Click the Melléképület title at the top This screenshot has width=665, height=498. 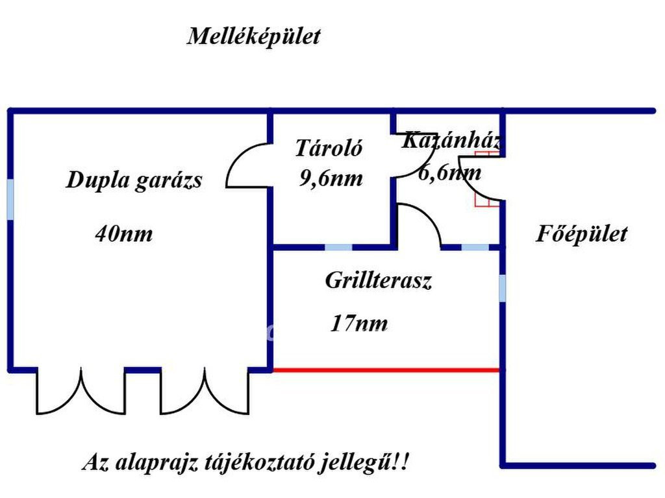pyautogui.click(x=253, y=36)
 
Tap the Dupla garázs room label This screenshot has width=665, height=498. pyautogui.click(x=134, y=180)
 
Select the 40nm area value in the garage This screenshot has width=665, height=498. pyautogui.click(x=123, y=233)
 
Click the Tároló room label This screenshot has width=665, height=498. pyautogui.click(x=329, y=148)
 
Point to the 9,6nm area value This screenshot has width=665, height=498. pyautogui.click(x=331, y=178)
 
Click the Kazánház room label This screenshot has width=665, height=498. pyautogui.click(x=451, y=140)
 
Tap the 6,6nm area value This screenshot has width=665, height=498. pyautogui.click(x=449, y=172)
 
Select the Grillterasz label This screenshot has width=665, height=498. pyautogui.click(x=379, y=281)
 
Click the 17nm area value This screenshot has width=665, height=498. pyautogui.click(x=359, y=323)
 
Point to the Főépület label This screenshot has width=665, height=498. pyautogui.click(x=581, y=233)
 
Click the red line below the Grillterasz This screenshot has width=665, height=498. pyautogui.click(x=386, y=370)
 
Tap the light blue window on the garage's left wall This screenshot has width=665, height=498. pyautogui.click(x=10, y=200)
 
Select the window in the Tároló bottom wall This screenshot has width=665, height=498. pyautogui.click(x=338, y=247)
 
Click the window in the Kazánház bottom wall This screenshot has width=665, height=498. pyautogui.click(x=475, y=247)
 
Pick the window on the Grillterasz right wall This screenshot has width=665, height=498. pyautogui.click(x=502, y=288)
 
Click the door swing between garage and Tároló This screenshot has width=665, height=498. pyautogui.click(x=248, y=166)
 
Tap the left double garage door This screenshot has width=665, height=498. pyautogui.click(x=81, y=391)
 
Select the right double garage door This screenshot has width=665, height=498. pyautogui.click(x=205, y=391)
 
